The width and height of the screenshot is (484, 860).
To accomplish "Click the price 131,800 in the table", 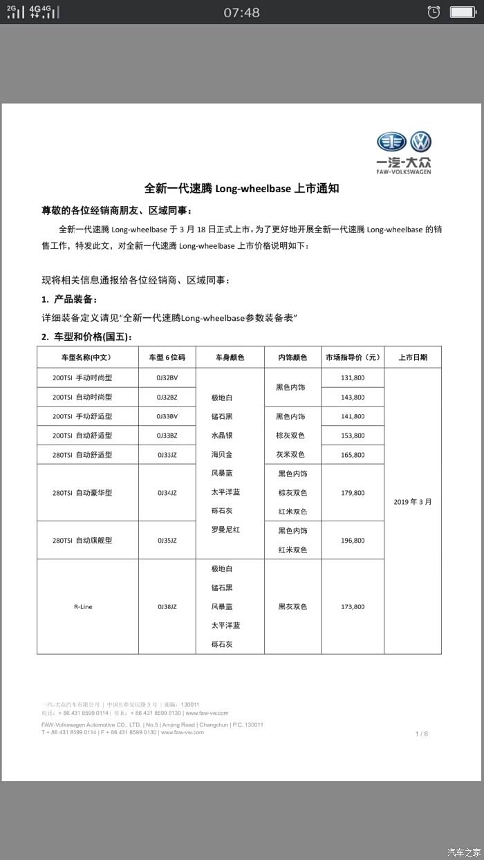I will tap(353, 378).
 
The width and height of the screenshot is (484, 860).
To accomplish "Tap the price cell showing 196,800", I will tap(353, 541).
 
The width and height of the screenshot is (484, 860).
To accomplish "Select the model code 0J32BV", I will tap(167, 378).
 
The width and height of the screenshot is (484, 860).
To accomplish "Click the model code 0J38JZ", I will tap(167, 607).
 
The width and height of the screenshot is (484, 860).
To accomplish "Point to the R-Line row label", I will tap(83, 607).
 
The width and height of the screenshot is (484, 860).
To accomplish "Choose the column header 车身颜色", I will tap(230, 358).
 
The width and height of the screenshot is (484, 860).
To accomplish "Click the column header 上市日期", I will tap(413, 358).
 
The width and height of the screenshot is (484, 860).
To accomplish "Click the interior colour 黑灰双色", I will tap(292, 607).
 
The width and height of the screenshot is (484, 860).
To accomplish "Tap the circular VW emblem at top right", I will tap(420, 142).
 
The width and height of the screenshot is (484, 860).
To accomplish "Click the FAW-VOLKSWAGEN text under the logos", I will tap(404, 172).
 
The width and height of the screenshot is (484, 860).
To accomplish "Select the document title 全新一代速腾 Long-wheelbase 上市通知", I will tap(242, 189).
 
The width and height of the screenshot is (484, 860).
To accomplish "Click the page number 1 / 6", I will tap(422, 734).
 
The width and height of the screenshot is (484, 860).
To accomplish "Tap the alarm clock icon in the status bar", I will tap(434, 12).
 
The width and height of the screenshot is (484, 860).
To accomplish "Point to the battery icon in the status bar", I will tap(462, 12).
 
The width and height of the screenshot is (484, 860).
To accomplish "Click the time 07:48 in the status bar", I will tap(242, 12).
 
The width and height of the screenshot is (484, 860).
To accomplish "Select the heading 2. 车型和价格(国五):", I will tap(86, 337).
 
